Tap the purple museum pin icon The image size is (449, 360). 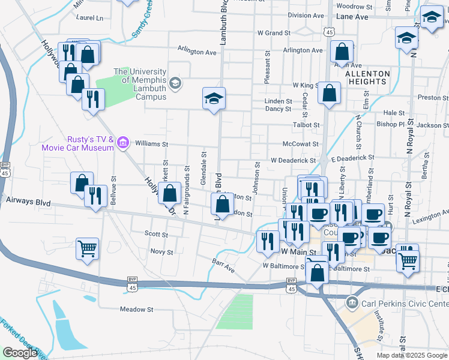coord(123,143)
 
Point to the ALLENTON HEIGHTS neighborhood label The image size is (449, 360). coord(367,77)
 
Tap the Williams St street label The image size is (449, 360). coord(152,145)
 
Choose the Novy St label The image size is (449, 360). coord(161,252)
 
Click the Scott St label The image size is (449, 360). coord(156,234)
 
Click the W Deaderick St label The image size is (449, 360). coord(293,161)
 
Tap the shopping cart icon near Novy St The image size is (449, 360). coord(87,248)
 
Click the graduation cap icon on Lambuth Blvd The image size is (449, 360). coord(214,97)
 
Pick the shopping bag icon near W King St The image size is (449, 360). coord(329,93)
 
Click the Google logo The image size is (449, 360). coord(20,352)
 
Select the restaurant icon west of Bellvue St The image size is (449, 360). coord(95,196)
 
